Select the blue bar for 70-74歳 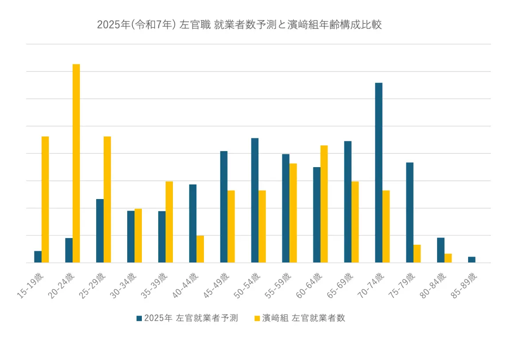coord(379,173)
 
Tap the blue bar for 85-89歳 coord(472,260)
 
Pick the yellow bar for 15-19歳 coord(45,200)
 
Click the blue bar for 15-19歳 coord(38,257)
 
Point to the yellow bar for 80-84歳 coord(448,258)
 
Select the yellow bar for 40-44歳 coord(200,249)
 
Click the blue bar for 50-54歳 coord(255,200)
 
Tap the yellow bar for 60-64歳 coord(324,204)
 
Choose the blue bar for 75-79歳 coord(410,213)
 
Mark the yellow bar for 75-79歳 coord(417,254)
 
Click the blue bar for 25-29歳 coord(100,231)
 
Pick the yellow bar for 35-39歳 coord(169,222)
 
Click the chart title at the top coord(239,25)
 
